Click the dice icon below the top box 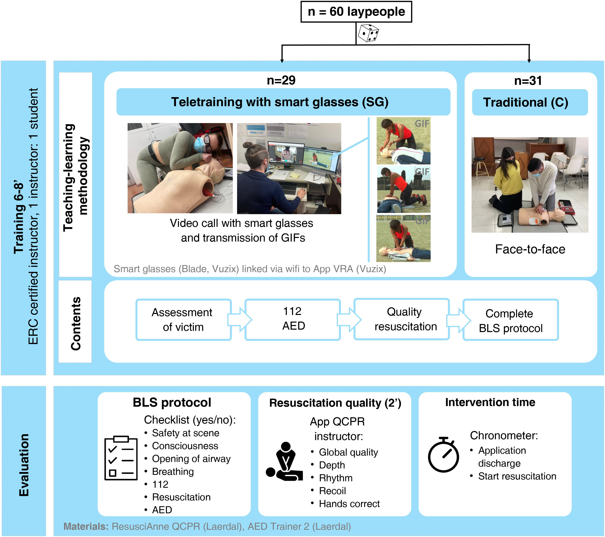tap(368, 33)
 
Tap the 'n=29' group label tap(281, 80)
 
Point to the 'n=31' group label tap(528, 80)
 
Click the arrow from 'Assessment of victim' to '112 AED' tap(240, 320)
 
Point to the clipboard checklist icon tap(121, 458)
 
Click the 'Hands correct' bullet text tap(349, 504)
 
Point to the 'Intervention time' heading tap(490, 402)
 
